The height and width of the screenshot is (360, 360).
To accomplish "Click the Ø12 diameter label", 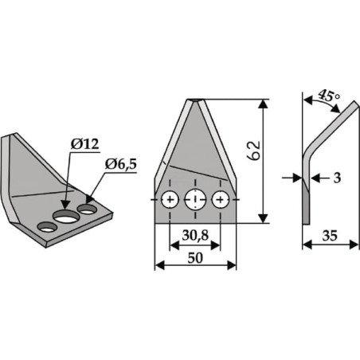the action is pos(84,144).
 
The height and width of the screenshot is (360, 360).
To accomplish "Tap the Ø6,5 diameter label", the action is pos(121,165).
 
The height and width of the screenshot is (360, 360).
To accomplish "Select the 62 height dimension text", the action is pos(253,151).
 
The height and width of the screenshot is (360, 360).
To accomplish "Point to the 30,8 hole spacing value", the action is pos(195,235).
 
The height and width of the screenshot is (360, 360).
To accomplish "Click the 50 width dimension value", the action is pos(195,258).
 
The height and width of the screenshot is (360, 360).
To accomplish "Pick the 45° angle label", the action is pos(329,96).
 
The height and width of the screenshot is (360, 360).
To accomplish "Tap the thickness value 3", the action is pos(337,178).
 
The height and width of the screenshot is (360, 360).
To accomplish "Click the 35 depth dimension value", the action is pos(330,236).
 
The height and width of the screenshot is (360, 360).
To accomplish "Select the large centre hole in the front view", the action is pos(195,199).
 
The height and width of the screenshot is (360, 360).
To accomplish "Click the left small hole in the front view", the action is pos(170,199).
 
